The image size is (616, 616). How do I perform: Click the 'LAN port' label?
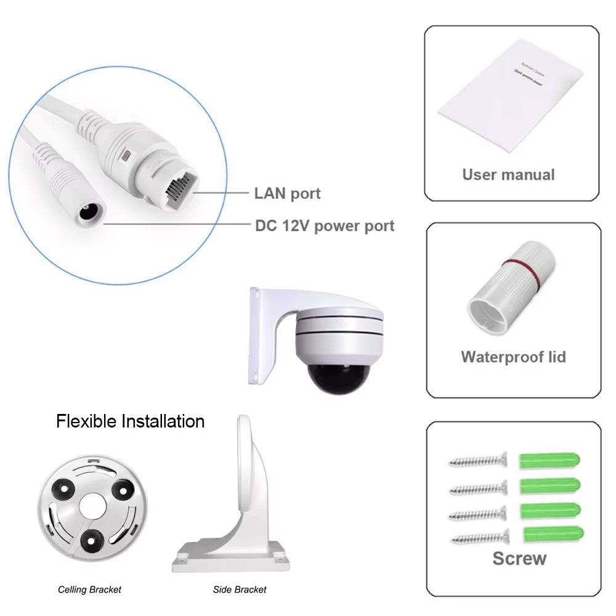287,193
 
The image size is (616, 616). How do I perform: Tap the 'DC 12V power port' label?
325,225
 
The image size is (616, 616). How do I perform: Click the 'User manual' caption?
508,174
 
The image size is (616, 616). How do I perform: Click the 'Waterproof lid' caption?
513,357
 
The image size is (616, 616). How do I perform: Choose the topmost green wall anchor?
549,460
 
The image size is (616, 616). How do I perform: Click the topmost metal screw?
478,460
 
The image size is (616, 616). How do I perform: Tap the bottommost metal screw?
480,537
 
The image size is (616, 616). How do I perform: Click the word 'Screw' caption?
519,559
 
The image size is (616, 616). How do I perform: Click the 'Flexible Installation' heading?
130,421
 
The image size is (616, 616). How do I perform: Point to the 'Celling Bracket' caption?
89,590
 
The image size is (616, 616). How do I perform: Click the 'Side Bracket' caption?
240,590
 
